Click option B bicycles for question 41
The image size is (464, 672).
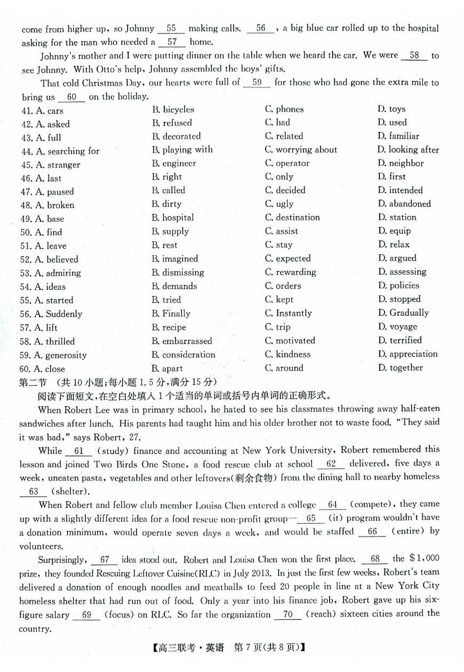tap(173, 109)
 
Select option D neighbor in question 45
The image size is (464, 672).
tap(401, 163)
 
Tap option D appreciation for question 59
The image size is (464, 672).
tap(407, 354)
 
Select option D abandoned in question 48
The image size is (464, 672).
tap(404, 204)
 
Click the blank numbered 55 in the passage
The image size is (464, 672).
tap(171, 29)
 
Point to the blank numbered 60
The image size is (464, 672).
tap(72, 97)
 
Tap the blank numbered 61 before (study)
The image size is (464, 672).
tap(79, 451)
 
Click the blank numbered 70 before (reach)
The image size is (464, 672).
tap(288, 614)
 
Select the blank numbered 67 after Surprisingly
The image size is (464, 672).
tap(105, 559)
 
